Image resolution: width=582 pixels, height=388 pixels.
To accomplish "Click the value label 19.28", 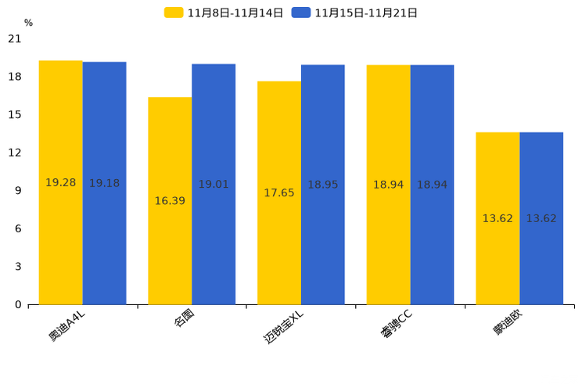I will coord(60,183).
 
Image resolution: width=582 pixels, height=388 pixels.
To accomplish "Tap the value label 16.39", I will coord(170,201).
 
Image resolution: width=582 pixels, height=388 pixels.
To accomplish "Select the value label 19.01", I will coord(214,185).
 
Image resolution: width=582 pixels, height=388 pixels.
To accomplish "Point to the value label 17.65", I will coord(279,193).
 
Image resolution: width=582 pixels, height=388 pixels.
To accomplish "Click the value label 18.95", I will coord(323,185).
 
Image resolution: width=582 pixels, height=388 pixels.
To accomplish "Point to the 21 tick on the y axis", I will coord(15,38).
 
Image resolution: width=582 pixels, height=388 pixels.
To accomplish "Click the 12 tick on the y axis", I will coord(15,153).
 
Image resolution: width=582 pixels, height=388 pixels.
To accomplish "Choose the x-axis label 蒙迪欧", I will coord(508,322).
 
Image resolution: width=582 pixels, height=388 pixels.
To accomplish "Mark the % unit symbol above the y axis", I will coord(28,23).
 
